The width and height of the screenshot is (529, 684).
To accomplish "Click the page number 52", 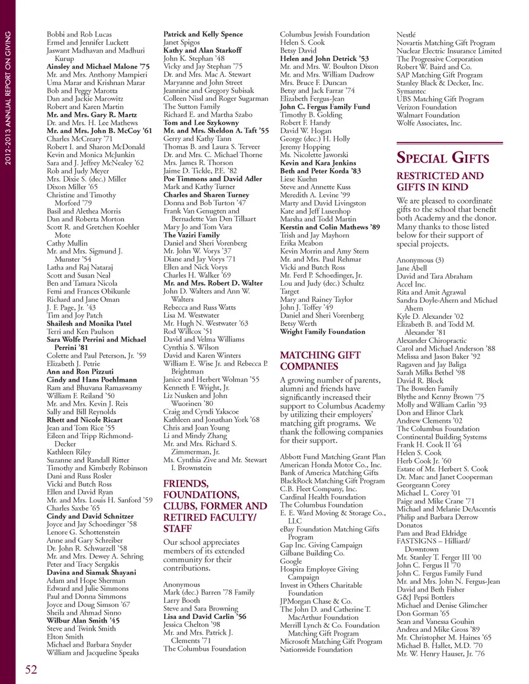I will coord(31,669).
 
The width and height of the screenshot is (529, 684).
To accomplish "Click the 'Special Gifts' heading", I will coord(442,158).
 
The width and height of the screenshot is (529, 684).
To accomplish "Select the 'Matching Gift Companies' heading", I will coord(320,361).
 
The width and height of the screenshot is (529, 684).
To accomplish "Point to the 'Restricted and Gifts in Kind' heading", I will coord(440,181).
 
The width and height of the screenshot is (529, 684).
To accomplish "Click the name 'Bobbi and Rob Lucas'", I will coord(79,34).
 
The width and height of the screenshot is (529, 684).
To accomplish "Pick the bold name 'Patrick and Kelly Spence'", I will coord(203,34).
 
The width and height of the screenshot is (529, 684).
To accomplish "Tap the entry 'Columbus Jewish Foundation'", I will coord(325,34).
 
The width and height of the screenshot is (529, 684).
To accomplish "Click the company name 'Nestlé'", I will coord(406,35).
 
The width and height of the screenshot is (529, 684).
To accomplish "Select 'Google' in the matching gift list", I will coord(291,561).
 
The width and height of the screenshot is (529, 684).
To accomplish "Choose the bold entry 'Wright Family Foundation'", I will coord(322,332).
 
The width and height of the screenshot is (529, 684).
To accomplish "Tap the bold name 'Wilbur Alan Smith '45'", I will coord(83,620).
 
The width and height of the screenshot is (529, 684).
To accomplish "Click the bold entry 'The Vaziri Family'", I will coord(191,235).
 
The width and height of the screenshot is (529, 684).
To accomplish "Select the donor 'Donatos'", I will coord(409,525).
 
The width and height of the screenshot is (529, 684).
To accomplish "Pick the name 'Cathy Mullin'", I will coord(67,243).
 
